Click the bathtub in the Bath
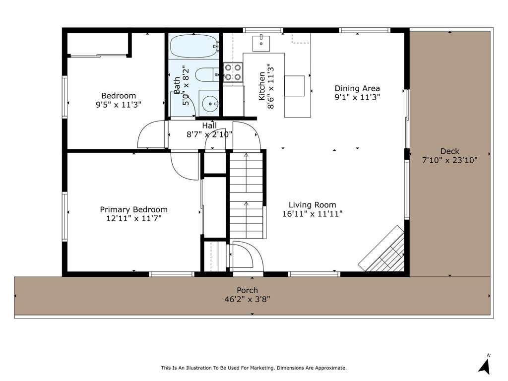(194, 46)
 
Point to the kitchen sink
(261, 44)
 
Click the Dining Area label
(357, 88)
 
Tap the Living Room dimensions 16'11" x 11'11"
(313, 214)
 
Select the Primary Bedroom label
(133, 209)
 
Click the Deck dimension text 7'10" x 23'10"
(449, 160)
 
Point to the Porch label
(247, 290)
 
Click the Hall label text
(209, 126)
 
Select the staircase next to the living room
(247, 195)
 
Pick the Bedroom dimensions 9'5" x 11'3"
(119, 105)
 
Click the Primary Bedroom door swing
(185, 166)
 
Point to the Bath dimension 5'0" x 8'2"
(186, 85)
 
